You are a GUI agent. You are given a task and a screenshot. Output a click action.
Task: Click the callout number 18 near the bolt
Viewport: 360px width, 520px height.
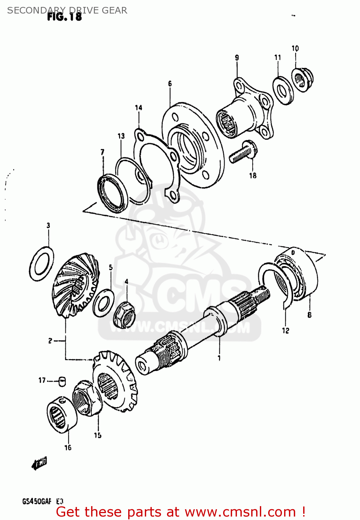point(253,176)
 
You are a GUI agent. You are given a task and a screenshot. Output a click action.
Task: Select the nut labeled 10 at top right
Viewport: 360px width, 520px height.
point(302,80)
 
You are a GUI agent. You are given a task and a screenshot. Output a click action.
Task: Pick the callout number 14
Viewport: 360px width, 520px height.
point(138,108)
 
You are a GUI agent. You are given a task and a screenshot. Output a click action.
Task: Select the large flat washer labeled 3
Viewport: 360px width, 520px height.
point(41,263)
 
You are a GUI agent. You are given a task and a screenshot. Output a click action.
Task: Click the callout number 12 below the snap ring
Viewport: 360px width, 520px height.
point(285,331)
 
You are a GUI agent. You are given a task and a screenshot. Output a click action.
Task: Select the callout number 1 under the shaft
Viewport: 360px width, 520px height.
point(219,358)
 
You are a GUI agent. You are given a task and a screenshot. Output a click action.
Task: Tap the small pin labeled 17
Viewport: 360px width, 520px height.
point(62,381)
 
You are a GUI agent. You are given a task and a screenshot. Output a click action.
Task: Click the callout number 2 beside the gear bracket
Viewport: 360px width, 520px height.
point(50,341)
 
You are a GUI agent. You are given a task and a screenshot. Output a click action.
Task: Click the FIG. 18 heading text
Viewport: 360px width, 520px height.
point(64,17)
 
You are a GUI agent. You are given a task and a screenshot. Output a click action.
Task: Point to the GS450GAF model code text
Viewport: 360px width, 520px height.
point(37,501)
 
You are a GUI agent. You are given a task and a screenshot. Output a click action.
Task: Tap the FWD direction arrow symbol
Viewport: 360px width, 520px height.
point(39,463)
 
